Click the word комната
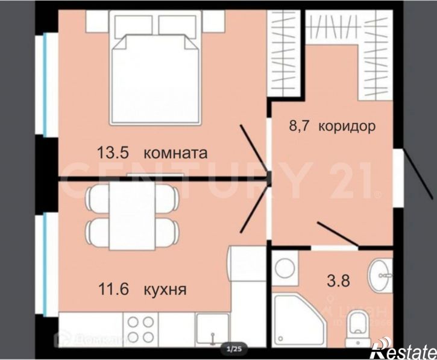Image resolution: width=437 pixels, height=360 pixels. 176,153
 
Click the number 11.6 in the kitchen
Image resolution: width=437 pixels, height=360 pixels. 113,289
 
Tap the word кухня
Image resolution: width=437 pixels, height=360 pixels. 165,289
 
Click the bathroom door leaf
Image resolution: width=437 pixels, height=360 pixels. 338,235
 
